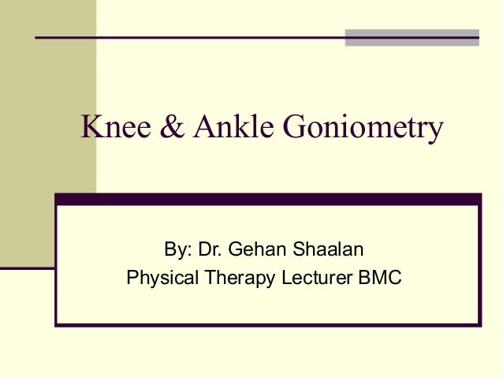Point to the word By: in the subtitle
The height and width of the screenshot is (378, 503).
[177, 252]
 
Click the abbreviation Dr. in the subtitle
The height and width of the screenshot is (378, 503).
[209, 252]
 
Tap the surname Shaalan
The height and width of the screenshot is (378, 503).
[322, 252]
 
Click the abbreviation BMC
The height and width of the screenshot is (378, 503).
[382, 278]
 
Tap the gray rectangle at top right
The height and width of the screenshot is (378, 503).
[412, 38]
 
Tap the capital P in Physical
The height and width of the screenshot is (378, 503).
[132, 278]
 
